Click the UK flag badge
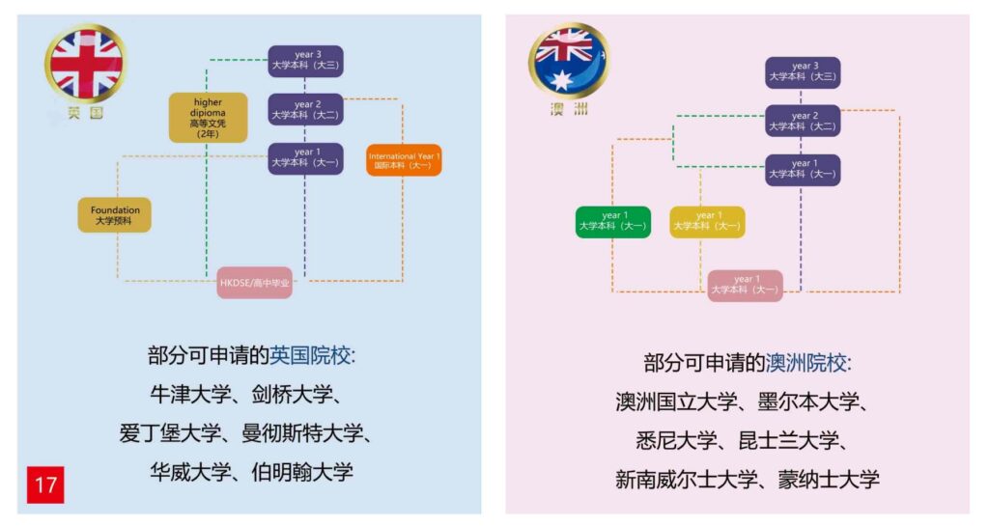pos(85,65)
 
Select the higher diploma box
pos(208,118)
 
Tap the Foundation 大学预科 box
pos(115,215)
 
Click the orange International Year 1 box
pos(404,160)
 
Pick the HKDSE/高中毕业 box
pos(255,283)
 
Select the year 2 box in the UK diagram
pos(305,109)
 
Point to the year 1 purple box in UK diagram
pos(305,158)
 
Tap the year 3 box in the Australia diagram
pos(803,72)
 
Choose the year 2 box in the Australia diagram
pos(803,121)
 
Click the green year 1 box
pos(613,222)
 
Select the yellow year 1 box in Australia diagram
pos(707,222)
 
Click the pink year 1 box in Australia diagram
pos(745,286)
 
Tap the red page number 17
pos(45,484)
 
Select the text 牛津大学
pos(189,395)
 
